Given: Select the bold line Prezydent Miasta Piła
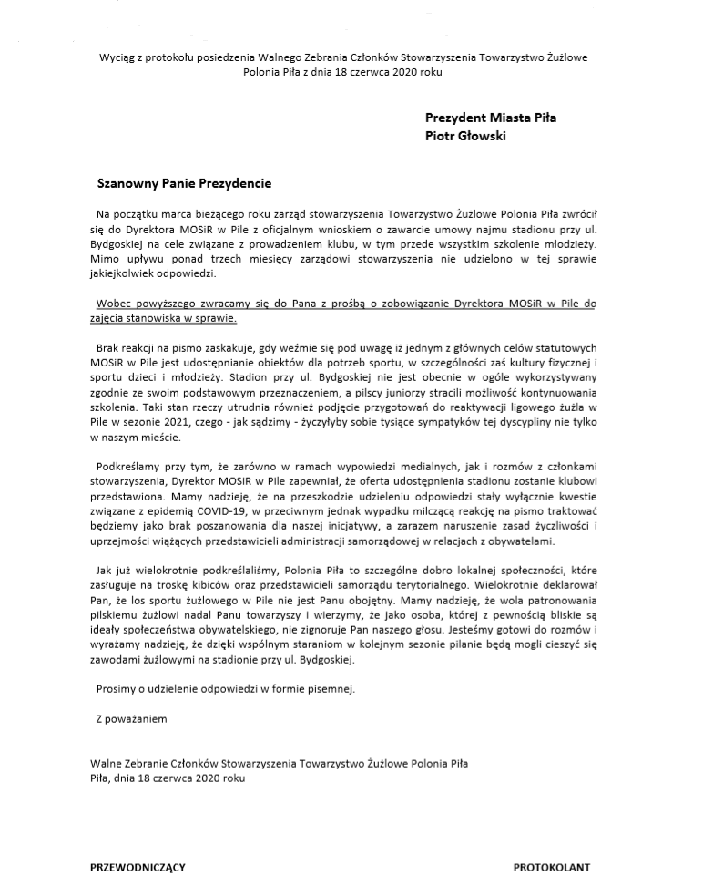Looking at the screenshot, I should click(x=491, y=118).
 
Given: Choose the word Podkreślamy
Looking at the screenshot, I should click(x=130, y=469).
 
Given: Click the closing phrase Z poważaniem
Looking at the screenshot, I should click(x=131, y=719).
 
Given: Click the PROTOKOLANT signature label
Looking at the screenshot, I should click(x=551, y=867).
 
